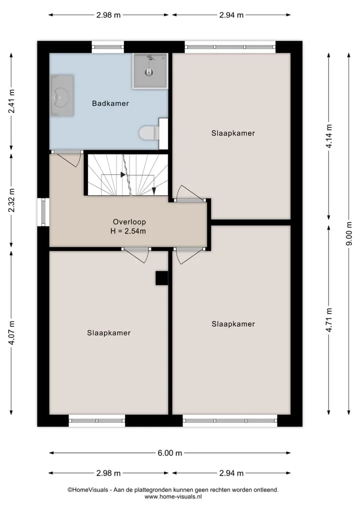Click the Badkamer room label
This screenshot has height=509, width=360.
click(x=110, y=104)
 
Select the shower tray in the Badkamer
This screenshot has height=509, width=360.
click(x=150, y=71)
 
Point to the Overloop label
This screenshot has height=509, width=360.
click(x=129, y=222)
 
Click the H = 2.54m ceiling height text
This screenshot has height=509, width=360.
click(x=128, y=231)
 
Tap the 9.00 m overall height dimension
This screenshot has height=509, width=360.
click(x=349, y=234)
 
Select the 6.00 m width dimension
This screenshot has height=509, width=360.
click(x=169, y=453)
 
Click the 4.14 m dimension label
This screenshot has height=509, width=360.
click(x=329, y=136)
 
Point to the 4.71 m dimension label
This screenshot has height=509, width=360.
click(x=329, y=320)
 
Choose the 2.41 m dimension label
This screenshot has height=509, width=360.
click(x=11, y=101)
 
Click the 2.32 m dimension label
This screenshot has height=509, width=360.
click(x=11, y=200)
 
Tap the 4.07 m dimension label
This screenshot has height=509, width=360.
click(x=11, y=333)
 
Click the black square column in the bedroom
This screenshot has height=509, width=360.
click(x=161, y=278)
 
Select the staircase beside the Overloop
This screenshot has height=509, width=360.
click(x=128, y=175)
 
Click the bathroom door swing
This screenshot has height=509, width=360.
click(x=68, y=159)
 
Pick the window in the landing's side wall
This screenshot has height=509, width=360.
click(x=43, y=212)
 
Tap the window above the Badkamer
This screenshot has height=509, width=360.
click(x=108, y=47)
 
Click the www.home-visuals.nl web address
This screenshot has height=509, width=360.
click(x=173, y=496)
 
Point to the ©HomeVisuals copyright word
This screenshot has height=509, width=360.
click(x=87, y=490)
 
